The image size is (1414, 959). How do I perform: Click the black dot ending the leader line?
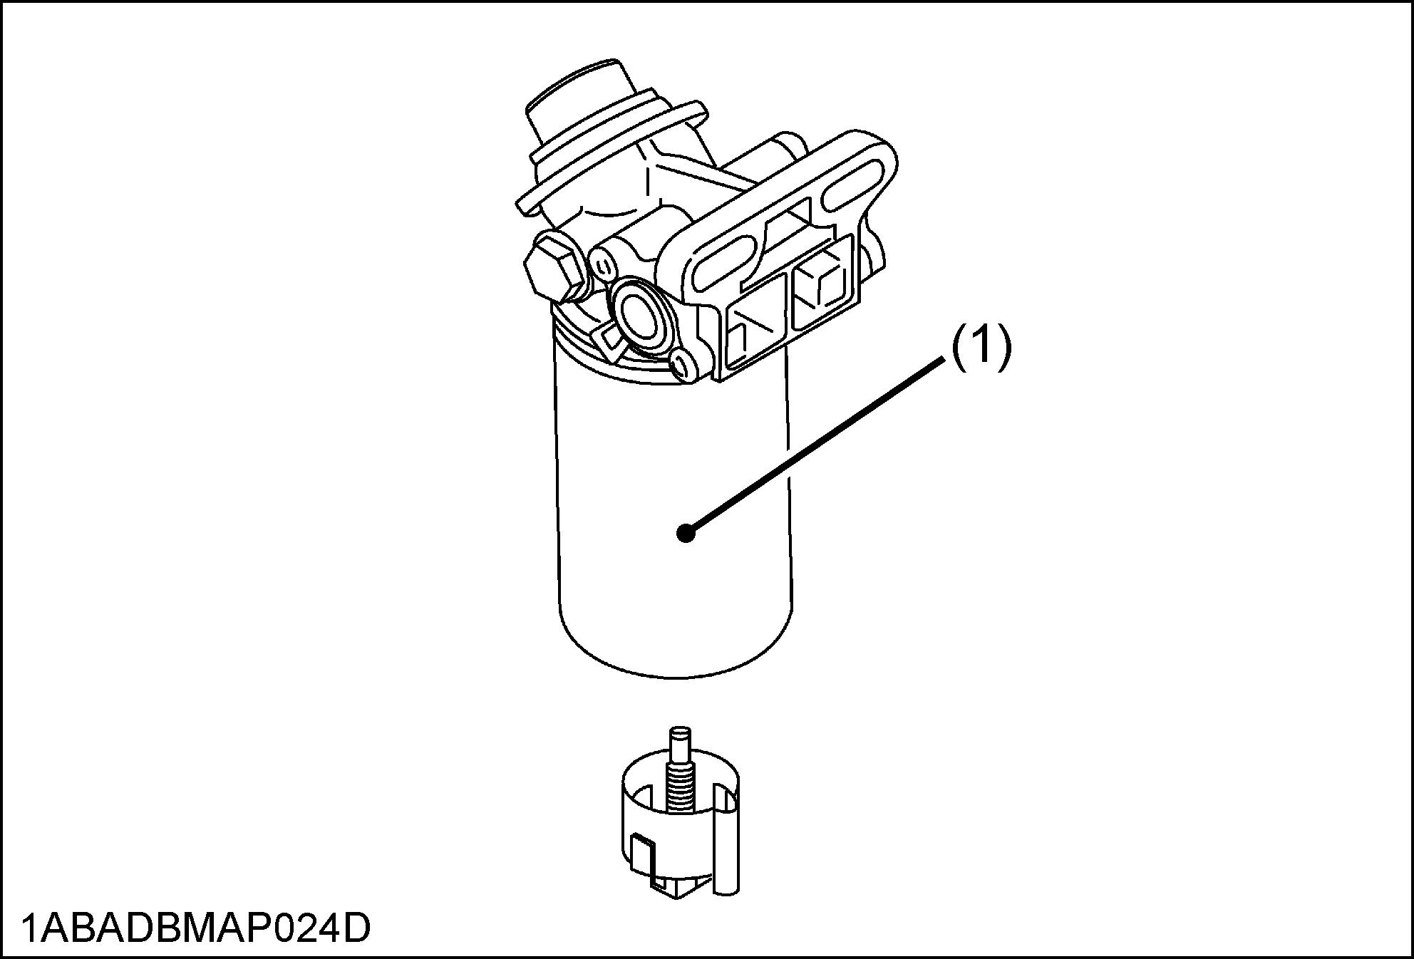tap(686, 533)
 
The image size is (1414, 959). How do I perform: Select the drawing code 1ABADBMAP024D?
tap(196, 928)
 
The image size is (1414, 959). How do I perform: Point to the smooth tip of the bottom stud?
tap(681, 741)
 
